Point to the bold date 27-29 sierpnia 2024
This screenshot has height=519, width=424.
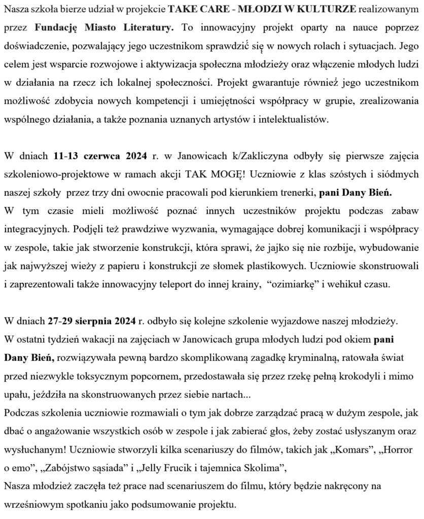pyautogui.click(x=93, y=321)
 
